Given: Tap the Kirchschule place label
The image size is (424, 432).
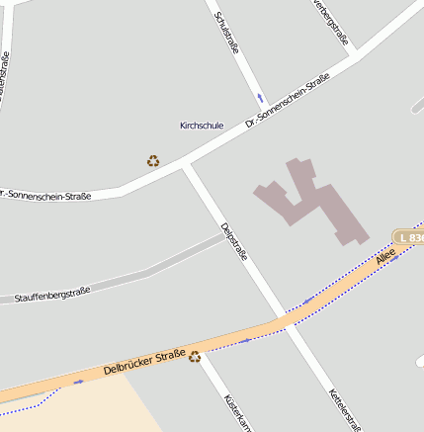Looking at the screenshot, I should pos(202,126).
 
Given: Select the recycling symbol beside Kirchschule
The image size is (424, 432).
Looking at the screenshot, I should pos(153,160).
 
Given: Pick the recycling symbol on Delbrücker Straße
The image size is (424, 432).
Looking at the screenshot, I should pos(195,357).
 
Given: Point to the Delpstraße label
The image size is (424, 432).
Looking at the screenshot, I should pos(234,241).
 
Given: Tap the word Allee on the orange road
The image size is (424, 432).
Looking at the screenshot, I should pos(384,256).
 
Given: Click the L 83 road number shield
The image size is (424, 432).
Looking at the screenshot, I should pos(409,237).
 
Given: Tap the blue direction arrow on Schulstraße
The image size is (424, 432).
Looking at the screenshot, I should pos(260,98).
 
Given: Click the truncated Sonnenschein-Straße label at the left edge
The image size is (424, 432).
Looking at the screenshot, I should pos(46,195).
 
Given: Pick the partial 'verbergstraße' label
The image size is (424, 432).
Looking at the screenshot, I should pos(331,22).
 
